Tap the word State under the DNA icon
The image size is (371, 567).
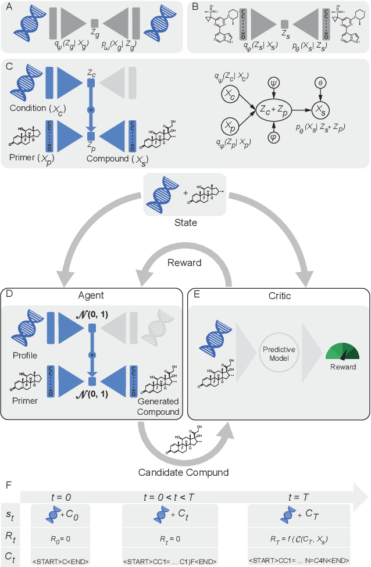(x=186, y=222)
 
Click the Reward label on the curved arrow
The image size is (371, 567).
(x=185, y=263)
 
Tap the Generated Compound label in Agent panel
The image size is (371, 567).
(x=158, y=407)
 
